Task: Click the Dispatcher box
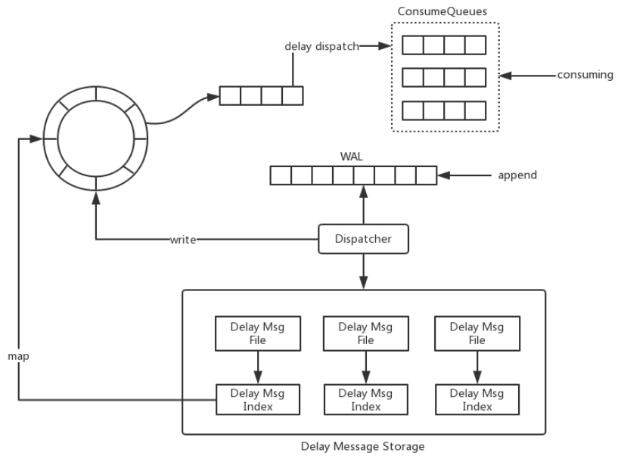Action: coord(364,239)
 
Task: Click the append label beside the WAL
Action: coord(517,175)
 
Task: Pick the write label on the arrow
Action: coord(183,240)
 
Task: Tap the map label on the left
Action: coord(20,355)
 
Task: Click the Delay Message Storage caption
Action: coord(364,446)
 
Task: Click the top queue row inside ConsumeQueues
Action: coord(443,45)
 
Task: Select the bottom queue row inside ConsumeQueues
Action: coord(443,110)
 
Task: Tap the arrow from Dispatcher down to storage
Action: coord(365,271)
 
